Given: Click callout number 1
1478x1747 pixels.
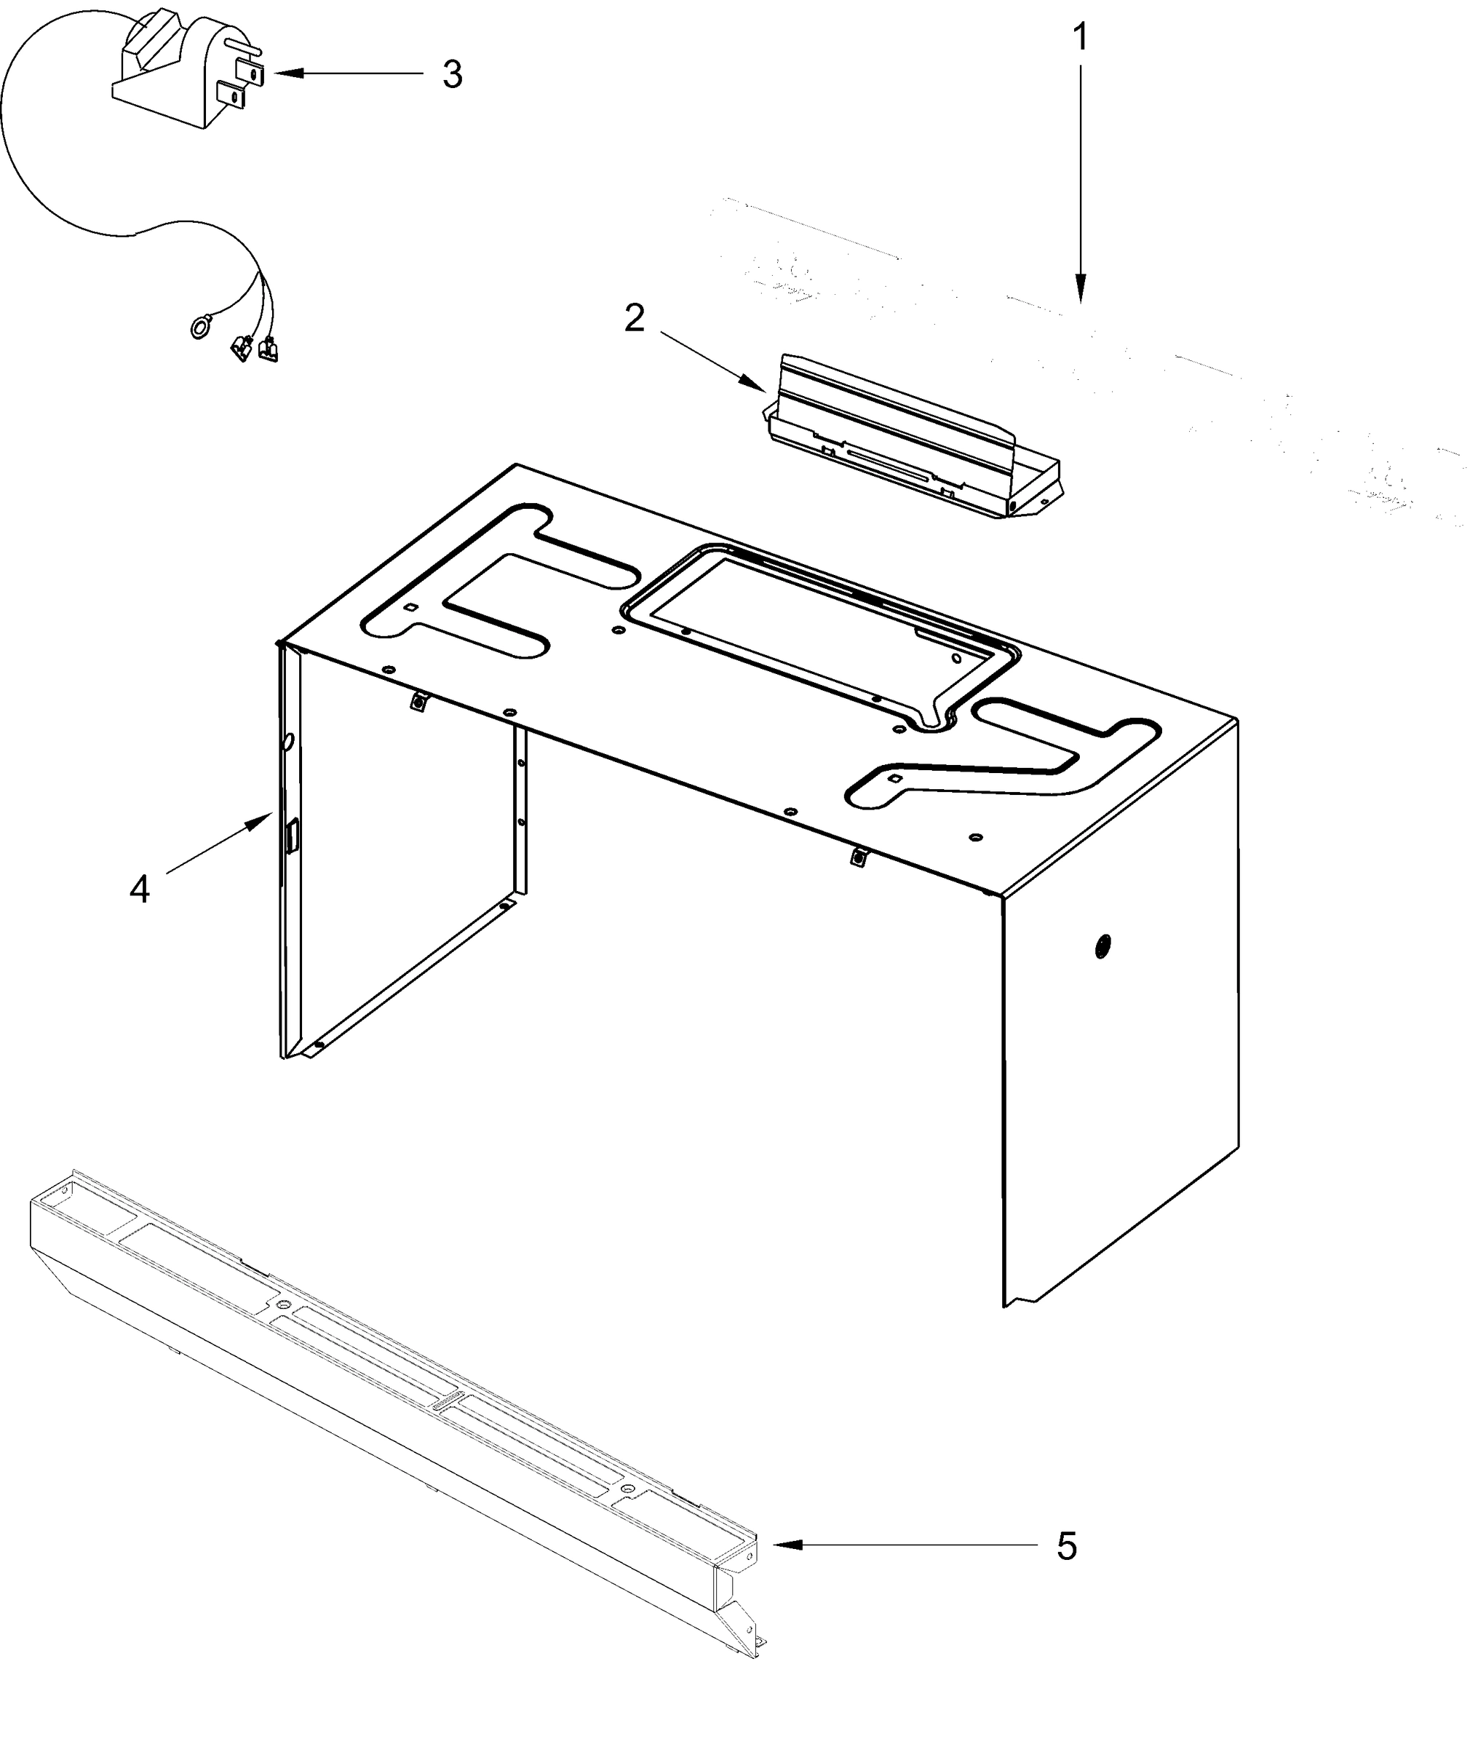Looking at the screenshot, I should [1081, 37].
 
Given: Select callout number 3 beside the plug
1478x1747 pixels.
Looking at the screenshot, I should [453, 74].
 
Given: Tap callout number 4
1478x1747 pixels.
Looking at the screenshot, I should [139, 889].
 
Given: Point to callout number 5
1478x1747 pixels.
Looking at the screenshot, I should [1066, 1546].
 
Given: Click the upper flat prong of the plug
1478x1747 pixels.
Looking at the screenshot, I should [251, 72].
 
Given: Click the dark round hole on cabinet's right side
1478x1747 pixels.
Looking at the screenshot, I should [1102, 946].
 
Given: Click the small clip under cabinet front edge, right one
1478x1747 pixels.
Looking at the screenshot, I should [857, 857].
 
